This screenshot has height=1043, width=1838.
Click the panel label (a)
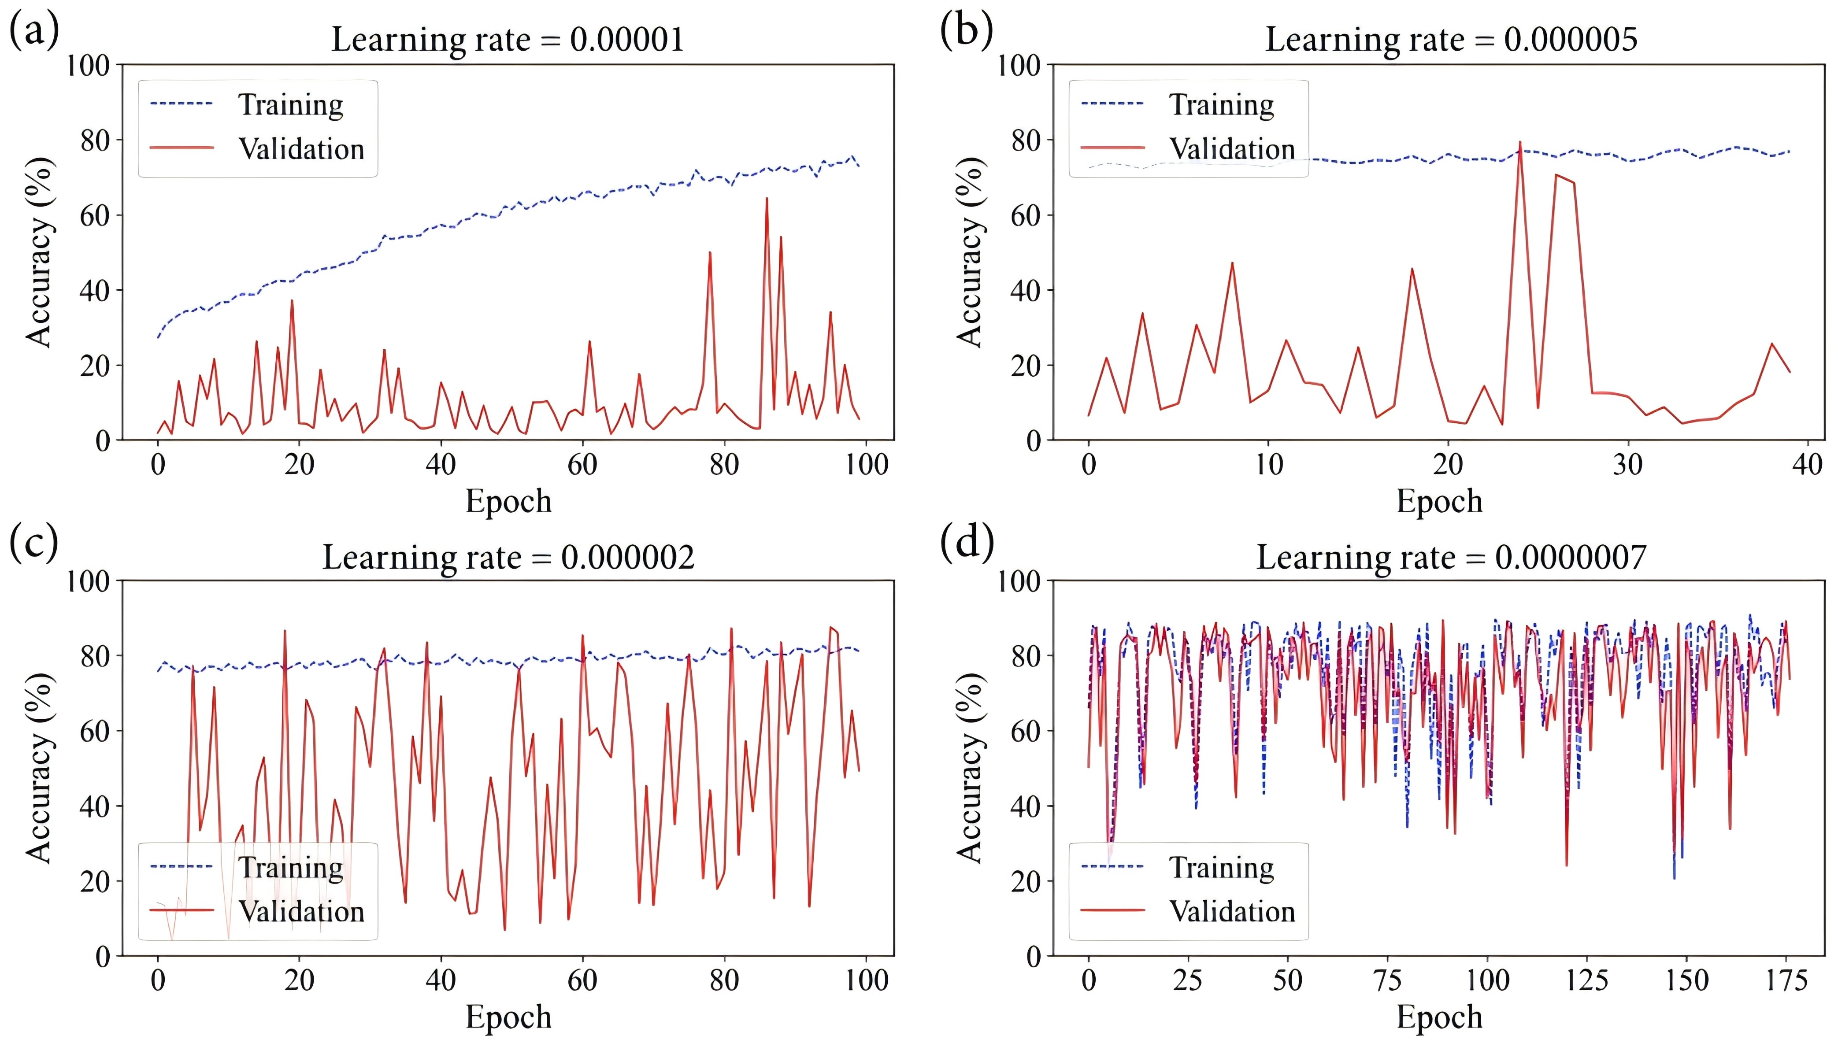coord(33,32)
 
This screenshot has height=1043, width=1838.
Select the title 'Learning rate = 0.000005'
coord(1450,39)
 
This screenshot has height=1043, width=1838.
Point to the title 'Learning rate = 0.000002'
coord(508,557)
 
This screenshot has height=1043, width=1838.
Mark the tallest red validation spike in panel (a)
coord(767,199)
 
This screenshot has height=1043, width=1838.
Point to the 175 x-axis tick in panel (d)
coord(1786,980)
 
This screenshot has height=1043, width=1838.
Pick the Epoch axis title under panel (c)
coord(508,1017)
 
